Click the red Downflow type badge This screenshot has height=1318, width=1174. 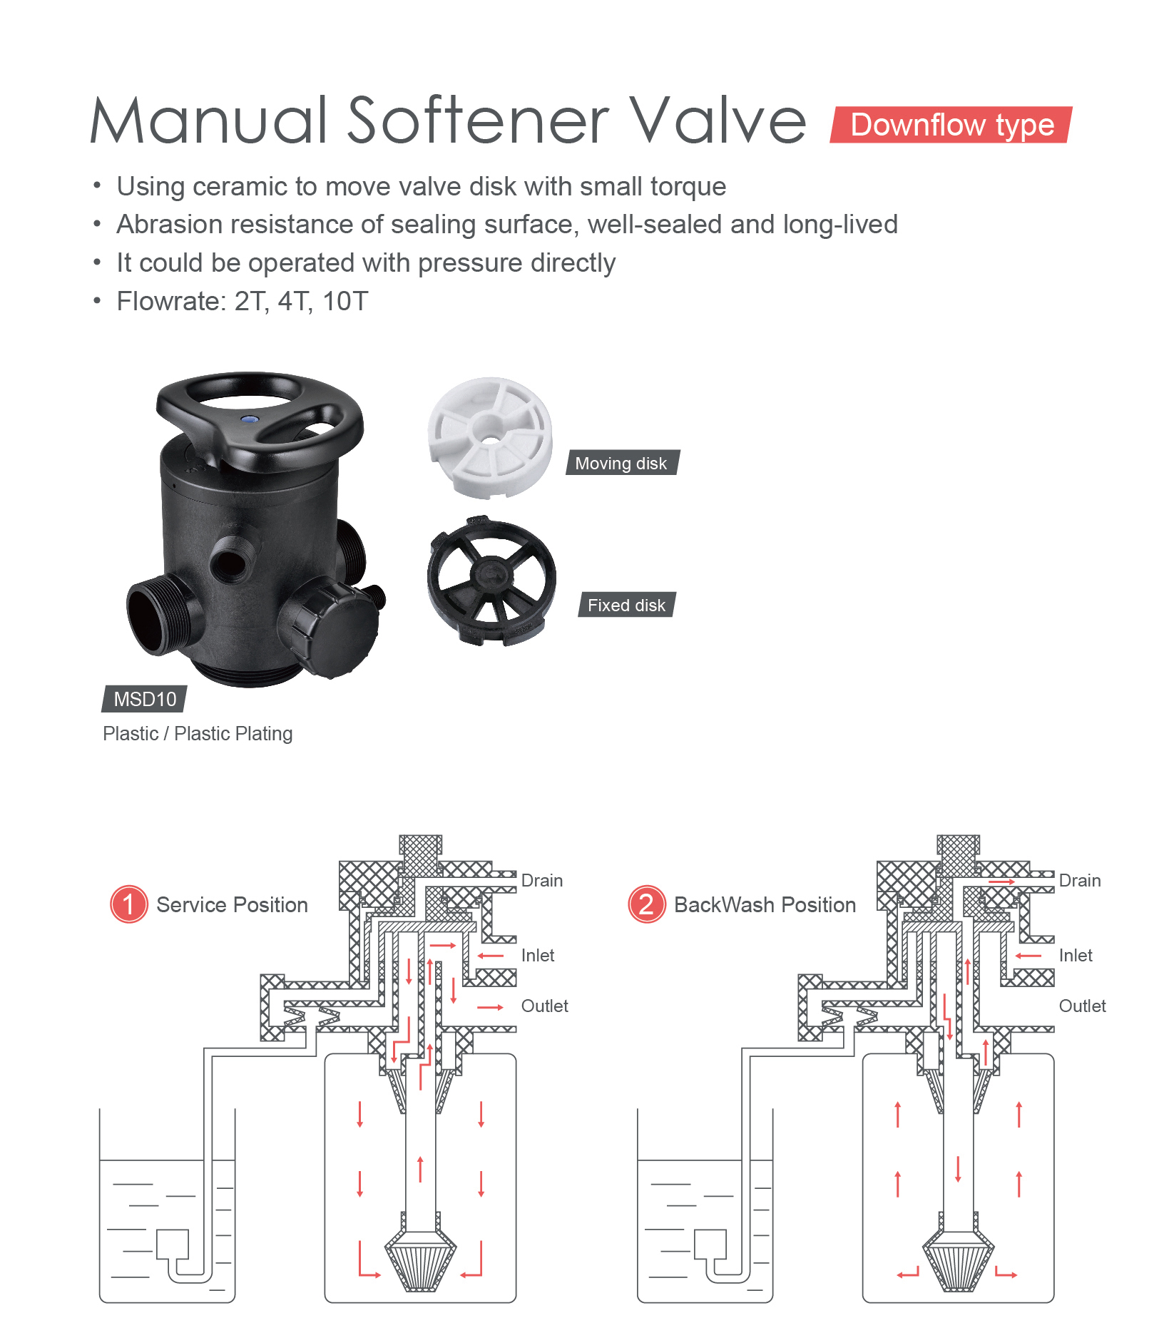click(951, 125)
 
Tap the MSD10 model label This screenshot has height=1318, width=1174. click(145, 699)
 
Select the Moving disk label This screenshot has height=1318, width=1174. click(621, 463)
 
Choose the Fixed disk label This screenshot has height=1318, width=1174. click(626, 605)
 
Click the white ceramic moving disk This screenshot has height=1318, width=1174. click(490, 436)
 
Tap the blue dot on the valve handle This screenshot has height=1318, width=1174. click(250, 420)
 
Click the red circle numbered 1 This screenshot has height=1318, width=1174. click(128, 904)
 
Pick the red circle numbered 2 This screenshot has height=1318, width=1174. click(646, 904)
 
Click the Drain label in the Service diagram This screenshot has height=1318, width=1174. click(542, 881)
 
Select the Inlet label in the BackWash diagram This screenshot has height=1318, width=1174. click(1076, 956)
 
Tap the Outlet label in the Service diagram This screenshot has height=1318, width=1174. click(545, 1006)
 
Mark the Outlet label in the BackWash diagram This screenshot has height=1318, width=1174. click(1082, 1006)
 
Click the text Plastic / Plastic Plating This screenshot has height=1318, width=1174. click(198, 734)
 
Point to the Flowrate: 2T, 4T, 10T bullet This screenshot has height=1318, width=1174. click(243, 302)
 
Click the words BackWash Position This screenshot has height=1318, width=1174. click(765, 905)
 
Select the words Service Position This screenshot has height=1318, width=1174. click(232, 905)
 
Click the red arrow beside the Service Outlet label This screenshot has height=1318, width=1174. click(490, 1007)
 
